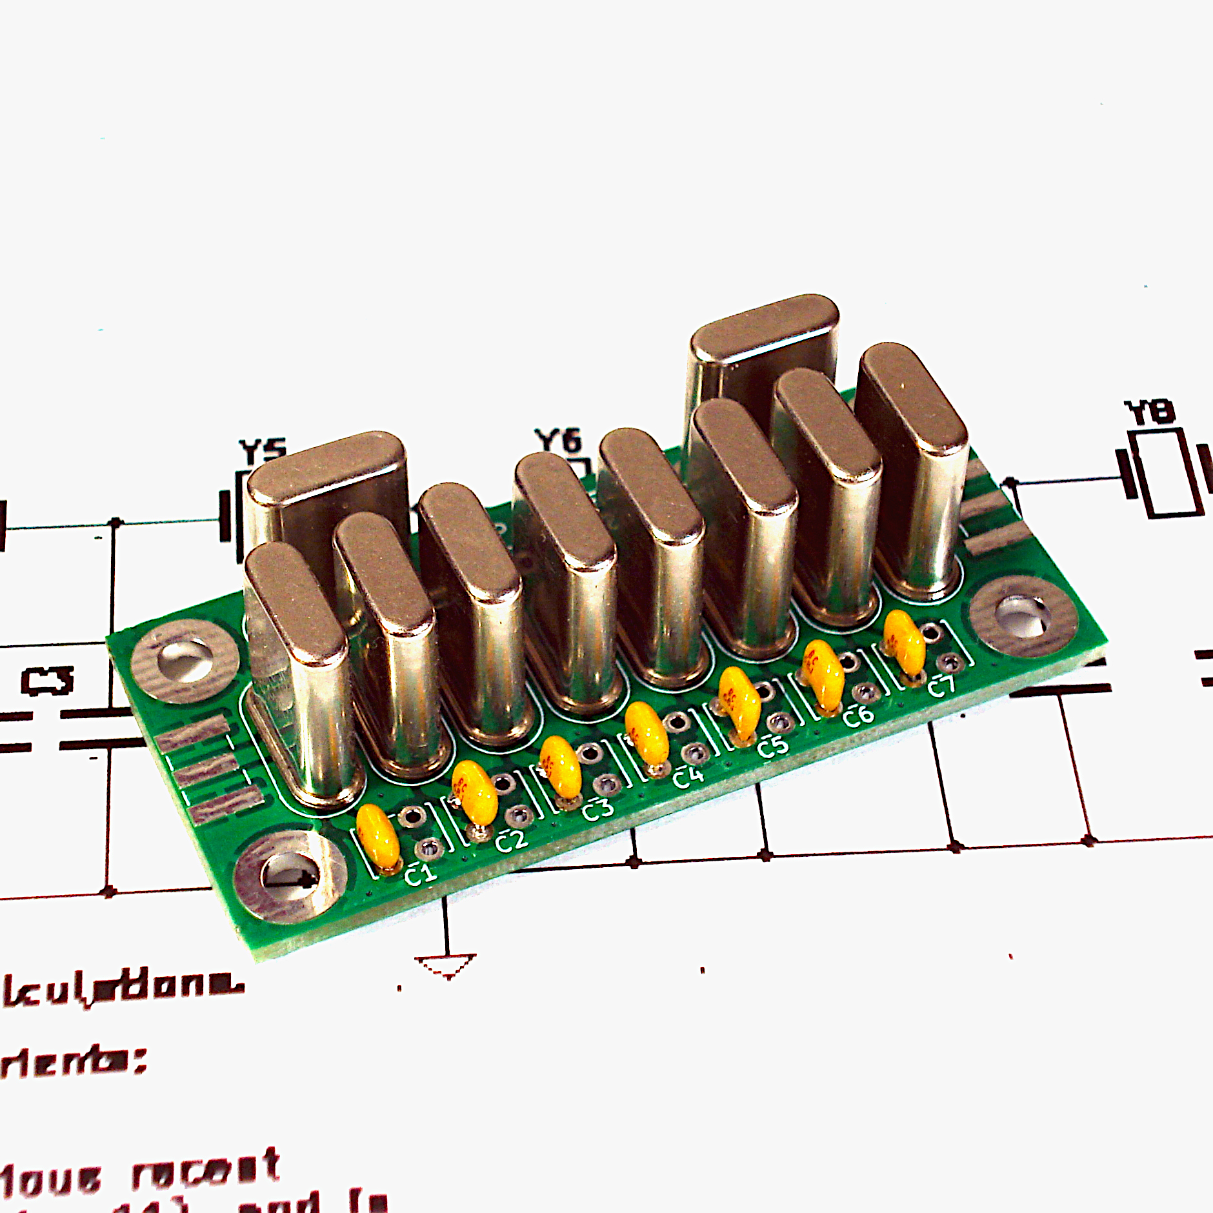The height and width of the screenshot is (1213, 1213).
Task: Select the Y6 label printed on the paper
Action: tap(559, 441)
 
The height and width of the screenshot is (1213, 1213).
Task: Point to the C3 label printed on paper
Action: tap(47, 681)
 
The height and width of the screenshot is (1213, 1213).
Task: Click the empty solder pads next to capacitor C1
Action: tap(418, 832)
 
